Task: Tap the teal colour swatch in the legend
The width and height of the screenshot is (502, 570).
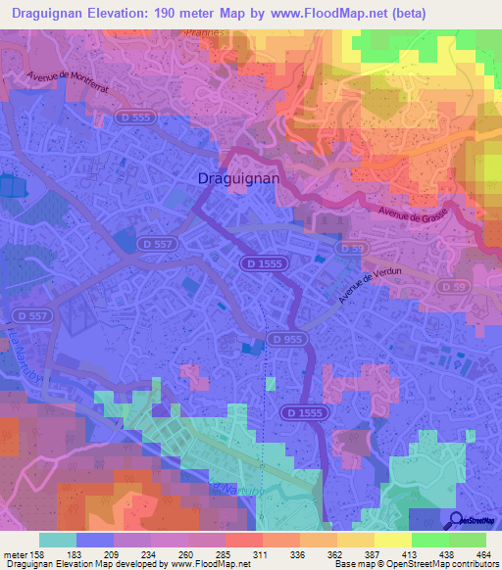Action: (58, 540)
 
